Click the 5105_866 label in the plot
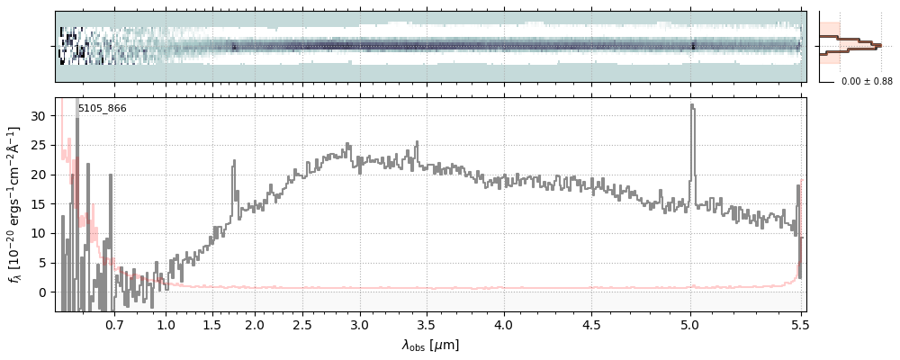pyautogui.click(x=102, y=108)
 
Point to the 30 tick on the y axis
pyautogui.click(x=40, y=115)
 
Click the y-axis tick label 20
pyautogui.click(x=40, y=175)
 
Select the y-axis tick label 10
pyautogui.click(x=40, y=233)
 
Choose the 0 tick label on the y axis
pyautogui.click(x=43, y=292)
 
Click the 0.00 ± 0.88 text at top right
pyautogui.click(x=867, y=82)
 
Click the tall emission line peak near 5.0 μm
pyautogui.click(x=691, y=105)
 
